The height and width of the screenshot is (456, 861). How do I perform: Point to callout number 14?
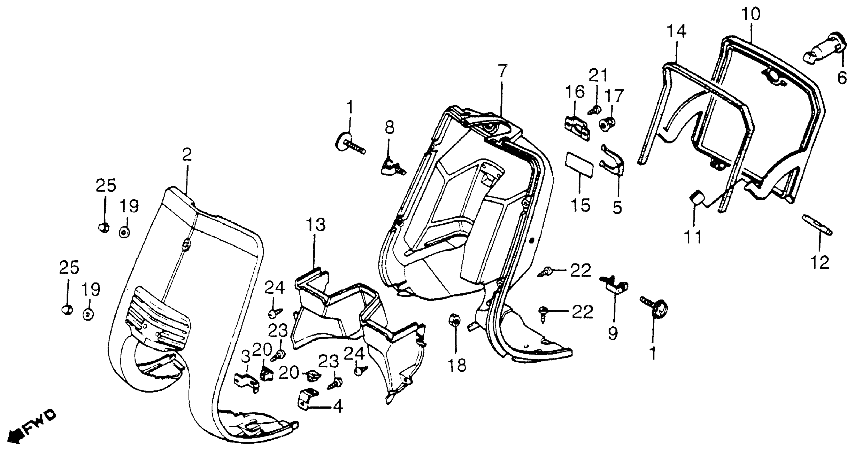click(x=677, y=31)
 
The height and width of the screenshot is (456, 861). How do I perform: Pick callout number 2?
click(x=187, y=155)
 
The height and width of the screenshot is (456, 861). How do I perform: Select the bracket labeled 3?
click(x=247, y=381)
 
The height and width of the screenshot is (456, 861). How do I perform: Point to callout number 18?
click(x=457, y=365)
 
